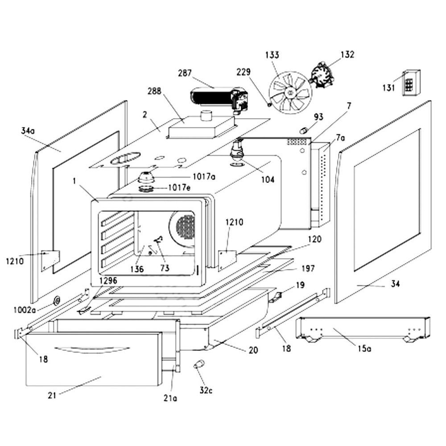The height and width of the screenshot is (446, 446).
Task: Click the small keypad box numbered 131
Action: point(411,83)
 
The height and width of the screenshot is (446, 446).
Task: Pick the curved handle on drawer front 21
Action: point(91,349)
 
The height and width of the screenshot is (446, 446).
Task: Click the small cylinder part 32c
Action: point(198,365)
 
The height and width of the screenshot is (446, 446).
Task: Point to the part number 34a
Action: point(28,131)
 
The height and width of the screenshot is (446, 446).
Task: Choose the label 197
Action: point(308,268)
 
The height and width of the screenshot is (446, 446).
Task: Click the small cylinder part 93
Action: point(303,130)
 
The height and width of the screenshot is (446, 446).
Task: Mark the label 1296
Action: point(108,281)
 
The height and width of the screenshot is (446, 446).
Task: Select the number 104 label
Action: point(268,180)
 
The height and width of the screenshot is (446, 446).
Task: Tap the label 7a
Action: point(341,138)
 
